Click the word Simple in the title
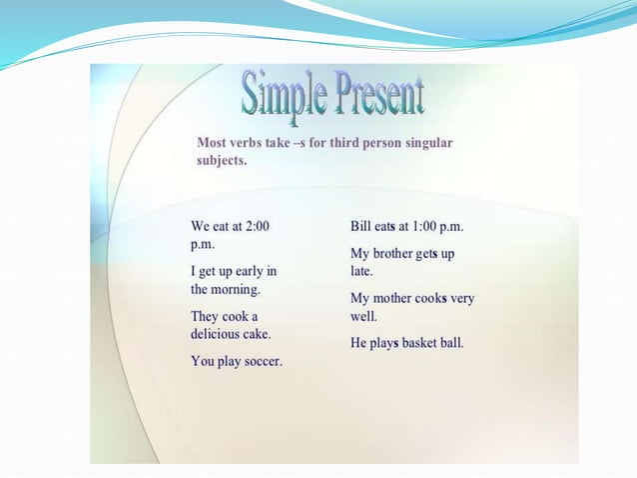tap(283, 95)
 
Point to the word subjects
tap(222, 160)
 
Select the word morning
tap(237, 289)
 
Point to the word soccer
tap(261, 361)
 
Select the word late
tap(361, 271)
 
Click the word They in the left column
tap(208, 316)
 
